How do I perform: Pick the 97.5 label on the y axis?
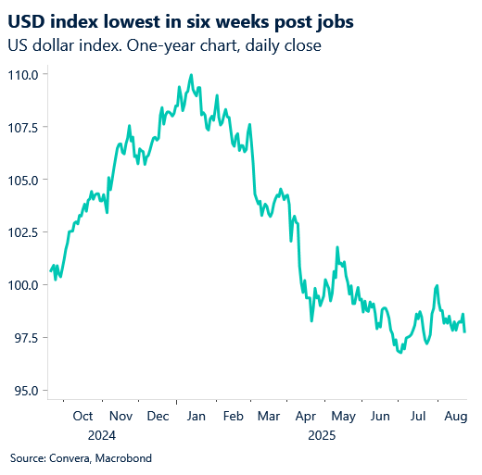[24, 338]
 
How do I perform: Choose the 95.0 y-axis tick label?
[24, 390]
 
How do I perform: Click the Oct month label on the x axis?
[82, 416]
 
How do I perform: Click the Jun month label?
[381, 416]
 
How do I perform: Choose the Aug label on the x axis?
[454, 416]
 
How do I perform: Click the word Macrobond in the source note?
[123, 458]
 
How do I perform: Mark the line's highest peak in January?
[191, 75]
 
